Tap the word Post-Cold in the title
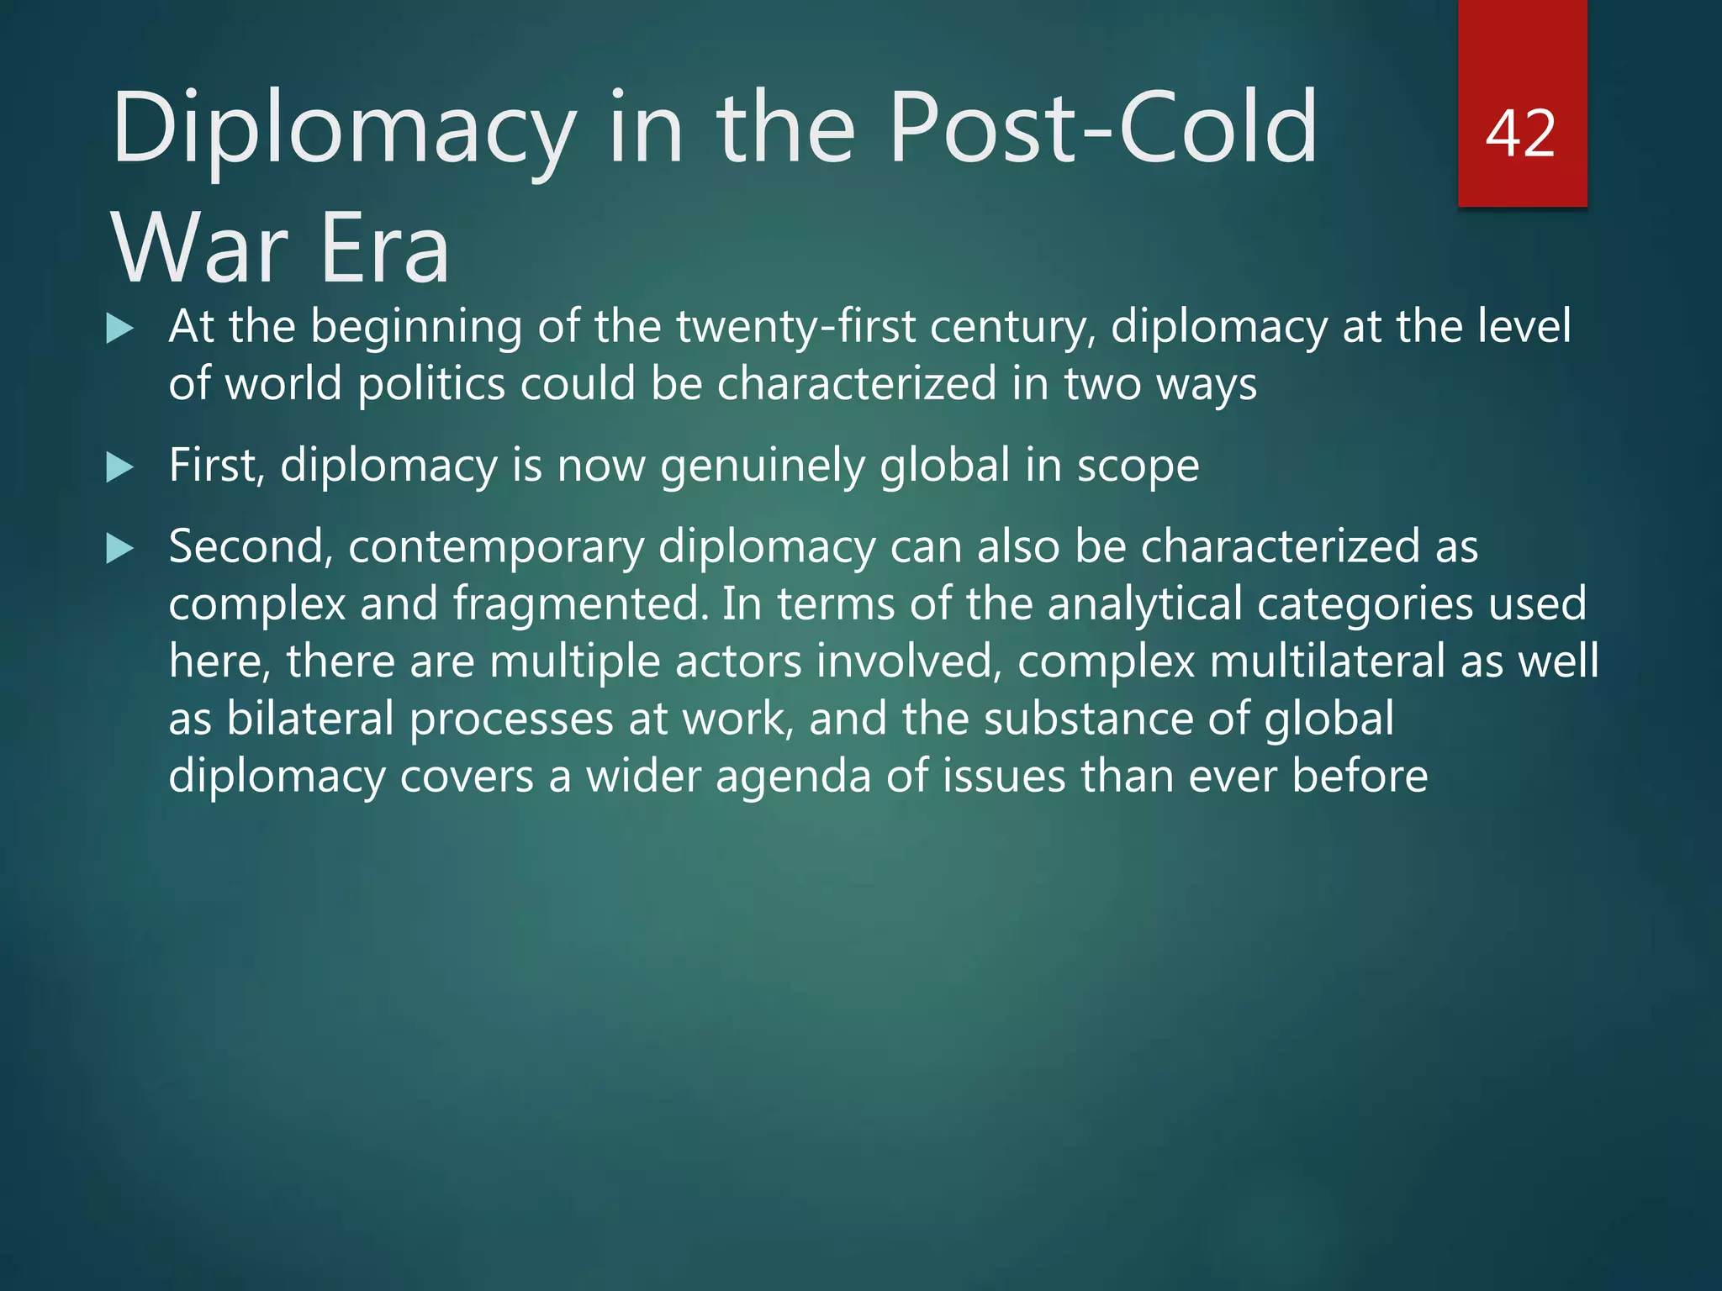(1102, 128)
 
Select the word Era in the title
(384, 249)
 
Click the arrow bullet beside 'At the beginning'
(120, 329)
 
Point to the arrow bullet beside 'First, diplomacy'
(120, 467)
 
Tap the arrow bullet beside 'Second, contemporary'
(120, 550)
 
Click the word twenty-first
(795, 326)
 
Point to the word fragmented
(579, 604)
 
